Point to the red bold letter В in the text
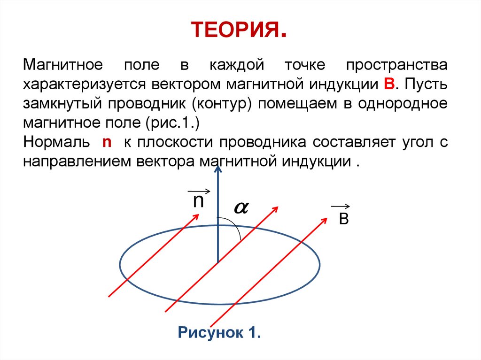(388, 84)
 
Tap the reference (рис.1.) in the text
(177, 123)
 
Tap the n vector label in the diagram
(198, 200)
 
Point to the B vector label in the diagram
(343, 219)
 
